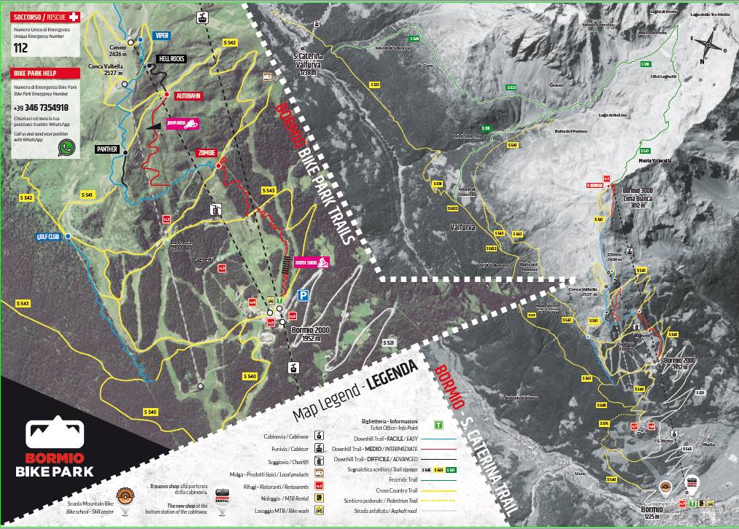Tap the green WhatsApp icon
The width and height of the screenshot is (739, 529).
(67, 147)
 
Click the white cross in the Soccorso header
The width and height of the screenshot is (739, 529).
(72, 15)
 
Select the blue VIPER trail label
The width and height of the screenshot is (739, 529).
(161, 35)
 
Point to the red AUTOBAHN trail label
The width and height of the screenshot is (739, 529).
(188, 95)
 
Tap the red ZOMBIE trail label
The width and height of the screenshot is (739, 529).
(206, 153)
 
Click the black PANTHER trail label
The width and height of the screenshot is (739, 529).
(107, 149)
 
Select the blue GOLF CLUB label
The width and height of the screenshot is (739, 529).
(46, 237)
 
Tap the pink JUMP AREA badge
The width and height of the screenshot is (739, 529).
(182, 125)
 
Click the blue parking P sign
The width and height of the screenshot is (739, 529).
(303, 295)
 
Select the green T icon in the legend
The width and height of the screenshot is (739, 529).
(438, 424)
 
